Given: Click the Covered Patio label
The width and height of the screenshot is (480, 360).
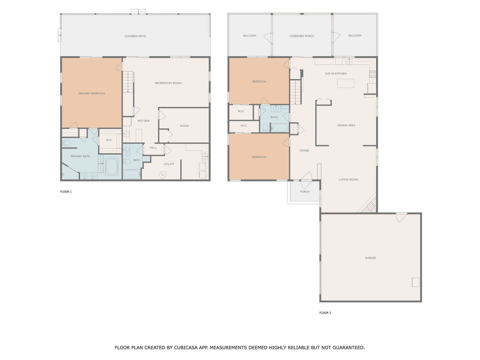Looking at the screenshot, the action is [135, 36].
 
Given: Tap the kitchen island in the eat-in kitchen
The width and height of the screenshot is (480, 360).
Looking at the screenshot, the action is [345, 83].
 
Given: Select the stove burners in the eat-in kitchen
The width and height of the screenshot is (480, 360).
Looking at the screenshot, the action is [372, 74].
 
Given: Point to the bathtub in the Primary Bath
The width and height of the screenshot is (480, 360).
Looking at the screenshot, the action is [112, 167].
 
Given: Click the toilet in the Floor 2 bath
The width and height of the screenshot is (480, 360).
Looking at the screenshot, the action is [265, 128].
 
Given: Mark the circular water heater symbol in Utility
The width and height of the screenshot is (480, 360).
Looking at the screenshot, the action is [163, 175].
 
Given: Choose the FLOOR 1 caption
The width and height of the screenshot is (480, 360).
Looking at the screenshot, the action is [66, 192].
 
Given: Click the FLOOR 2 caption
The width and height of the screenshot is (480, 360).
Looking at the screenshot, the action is [325, 313].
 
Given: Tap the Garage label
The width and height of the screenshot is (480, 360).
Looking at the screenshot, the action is [370, 258].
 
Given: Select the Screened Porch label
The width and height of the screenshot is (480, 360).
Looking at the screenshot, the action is [302, 36].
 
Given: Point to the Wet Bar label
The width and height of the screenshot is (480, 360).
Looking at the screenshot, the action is [143, 121].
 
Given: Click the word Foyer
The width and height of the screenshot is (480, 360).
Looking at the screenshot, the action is [304, 151].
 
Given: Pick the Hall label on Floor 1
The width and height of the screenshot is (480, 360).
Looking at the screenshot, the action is [153, 148].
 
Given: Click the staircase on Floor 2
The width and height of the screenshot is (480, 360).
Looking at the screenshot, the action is [296, 92].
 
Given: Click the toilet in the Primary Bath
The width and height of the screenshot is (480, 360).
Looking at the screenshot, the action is [66, 143].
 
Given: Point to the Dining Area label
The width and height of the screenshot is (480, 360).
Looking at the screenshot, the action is [346, 125].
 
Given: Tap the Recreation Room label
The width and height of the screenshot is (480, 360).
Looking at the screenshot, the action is [168, 83].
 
